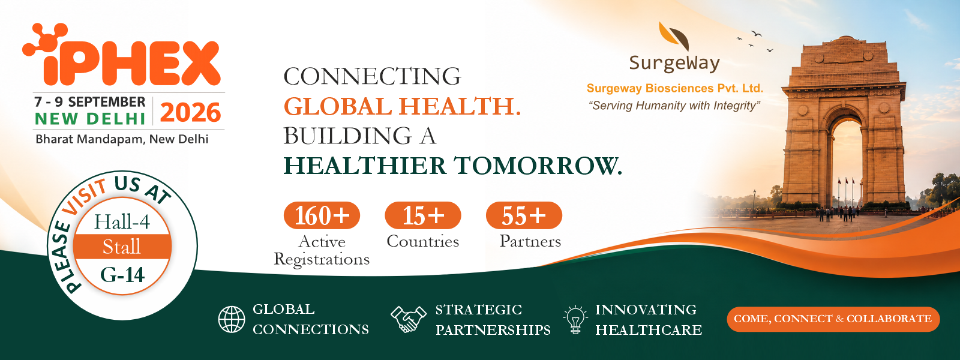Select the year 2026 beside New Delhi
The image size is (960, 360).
click(x=190, y=113)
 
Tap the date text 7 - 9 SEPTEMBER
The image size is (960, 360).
click(x=90, y=102)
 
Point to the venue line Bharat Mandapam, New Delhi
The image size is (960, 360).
click(x=122, y=139)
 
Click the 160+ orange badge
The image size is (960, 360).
click(x=322, y=215)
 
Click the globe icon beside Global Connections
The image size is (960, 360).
click(x=232, y=319)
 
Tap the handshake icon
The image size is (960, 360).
click(x=409, y=319)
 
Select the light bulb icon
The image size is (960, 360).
click(x=575, y=319)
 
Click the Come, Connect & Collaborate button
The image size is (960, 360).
click(x=833, y=319)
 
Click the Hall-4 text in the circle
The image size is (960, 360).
click(x=122, y=222)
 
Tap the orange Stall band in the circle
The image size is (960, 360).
click(x=122, y=247)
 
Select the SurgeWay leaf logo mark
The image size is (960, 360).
click(x=674, y=37)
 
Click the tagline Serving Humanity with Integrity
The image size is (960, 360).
click(x=674, y=106)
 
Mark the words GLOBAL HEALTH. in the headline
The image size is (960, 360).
click(x=402, y=106)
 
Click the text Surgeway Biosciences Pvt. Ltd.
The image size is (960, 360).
click(x=675, y=88)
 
